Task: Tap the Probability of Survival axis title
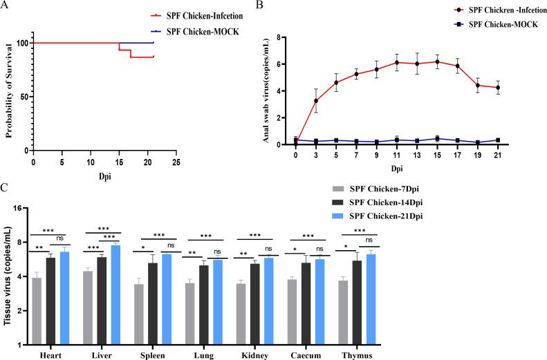[10, 92]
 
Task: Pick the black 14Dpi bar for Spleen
[152, 303]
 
